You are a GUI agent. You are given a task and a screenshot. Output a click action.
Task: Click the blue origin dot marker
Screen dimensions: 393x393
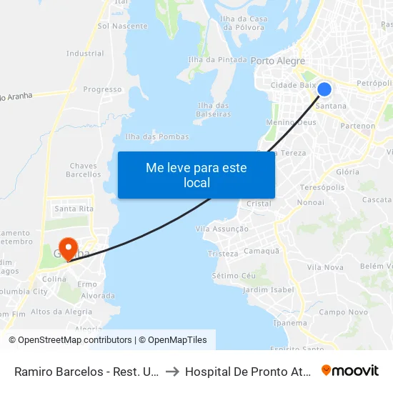click(324, 89)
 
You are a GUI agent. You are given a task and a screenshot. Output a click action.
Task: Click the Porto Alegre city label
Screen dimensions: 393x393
click(278, 61)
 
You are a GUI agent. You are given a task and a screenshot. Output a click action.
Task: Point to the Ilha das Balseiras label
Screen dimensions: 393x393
click(213, 109)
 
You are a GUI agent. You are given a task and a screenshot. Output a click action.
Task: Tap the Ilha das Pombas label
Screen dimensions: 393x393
click(157, 136)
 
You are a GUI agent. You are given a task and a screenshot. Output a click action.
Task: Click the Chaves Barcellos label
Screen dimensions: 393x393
click(84, 170)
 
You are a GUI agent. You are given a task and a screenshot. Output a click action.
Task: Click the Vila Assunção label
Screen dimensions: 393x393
click(222, 229)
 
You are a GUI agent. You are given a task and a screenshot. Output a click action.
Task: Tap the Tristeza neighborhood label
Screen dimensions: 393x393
click(222, 254)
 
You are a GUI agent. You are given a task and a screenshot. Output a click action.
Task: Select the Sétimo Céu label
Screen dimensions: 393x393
click(234, 276)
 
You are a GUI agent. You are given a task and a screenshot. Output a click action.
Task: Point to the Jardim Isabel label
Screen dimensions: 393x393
click(268, 289)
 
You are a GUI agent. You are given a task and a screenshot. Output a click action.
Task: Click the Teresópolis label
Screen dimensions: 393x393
click(322, 187)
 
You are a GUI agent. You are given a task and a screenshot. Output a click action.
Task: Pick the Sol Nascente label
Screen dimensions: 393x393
click(122, 26)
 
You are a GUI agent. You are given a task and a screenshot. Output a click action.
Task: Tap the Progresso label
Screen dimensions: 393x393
click(102, 89)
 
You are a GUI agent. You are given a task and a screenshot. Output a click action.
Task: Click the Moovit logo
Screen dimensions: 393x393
click(350, 370)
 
